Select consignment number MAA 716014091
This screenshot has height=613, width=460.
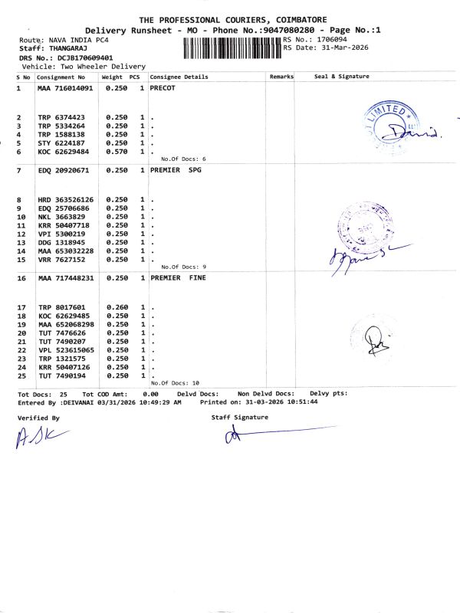click(65, 89)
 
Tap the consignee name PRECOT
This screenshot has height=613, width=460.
click(163, 89)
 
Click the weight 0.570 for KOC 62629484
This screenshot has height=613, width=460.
click(117, 151)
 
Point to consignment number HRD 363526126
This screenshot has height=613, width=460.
click(66, 200)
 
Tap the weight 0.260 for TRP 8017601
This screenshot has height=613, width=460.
click(117, 307)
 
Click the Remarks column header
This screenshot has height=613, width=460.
click(281, 77)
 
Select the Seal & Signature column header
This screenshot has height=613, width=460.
click(342, 77)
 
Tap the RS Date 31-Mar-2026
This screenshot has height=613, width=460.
click(337, 48)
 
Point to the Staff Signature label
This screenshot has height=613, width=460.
click(239, 418)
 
